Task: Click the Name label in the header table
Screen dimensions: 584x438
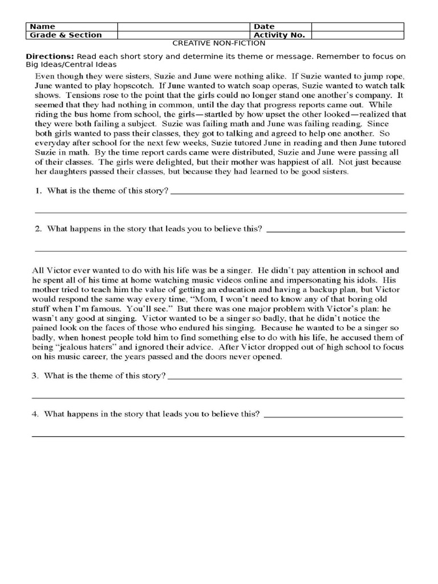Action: (x=42, y=26)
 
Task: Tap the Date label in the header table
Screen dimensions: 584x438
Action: (x=264, y=26)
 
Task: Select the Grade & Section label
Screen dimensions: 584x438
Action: (x=65, y=35)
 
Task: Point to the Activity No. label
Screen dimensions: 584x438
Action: (x=279, y=35)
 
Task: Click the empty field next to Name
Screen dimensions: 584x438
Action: (x=184, y=26)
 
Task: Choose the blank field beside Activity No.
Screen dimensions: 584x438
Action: (x=358, y=35)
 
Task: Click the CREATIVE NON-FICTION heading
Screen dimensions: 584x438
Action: (x=219, y=43)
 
